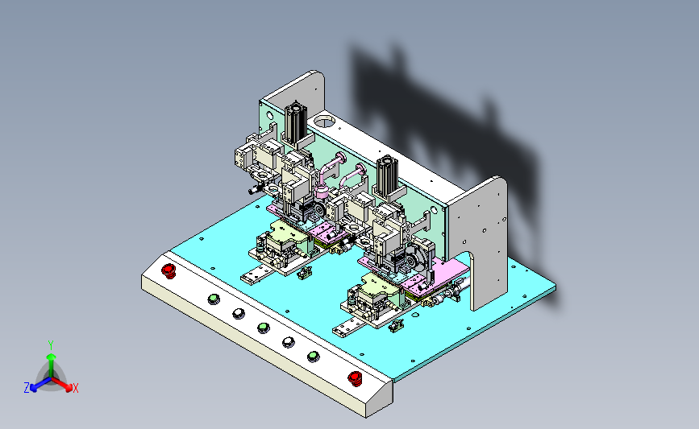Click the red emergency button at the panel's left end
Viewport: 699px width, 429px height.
[x=169, y=271]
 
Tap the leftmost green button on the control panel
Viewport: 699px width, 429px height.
[x=214, y=299]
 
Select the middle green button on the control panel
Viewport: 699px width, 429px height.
[x=264, y=328]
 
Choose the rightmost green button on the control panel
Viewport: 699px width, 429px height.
[x=314, y=356]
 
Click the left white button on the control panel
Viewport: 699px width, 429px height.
[x=239, y=314]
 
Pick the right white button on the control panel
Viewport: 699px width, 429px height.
[x=289, y=342]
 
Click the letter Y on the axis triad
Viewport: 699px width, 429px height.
[x=51, y=345]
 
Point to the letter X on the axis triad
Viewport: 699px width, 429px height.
[x=75, y=388]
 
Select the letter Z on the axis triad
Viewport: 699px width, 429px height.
[x=27, y=388]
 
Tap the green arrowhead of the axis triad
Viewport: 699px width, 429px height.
[x=52, y=357]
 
